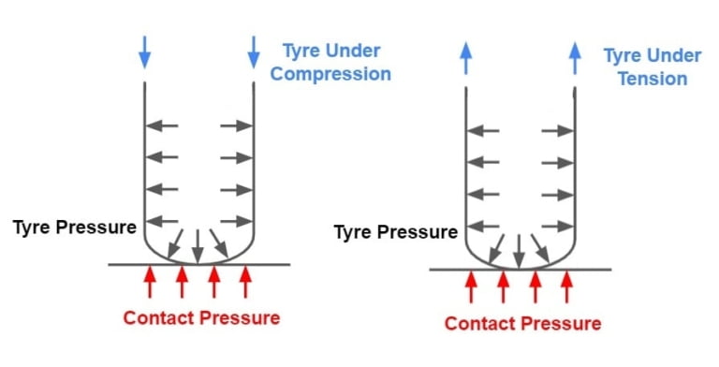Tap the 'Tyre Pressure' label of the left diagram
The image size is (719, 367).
pos(75,228)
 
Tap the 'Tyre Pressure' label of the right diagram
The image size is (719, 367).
pos(396,231)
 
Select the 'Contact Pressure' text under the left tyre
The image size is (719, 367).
pos(201,317)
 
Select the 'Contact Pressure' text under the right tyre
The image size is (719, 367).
pos(522,324)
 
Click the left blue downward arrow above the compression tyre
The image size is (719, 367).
pos(143,52)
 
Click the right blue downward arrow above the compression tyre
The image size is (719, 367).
pos(254,52)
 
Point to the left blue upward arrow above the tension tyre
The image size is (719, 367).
pos(465,57)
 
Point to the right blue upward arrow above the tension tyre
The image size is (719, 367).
pos(575,57)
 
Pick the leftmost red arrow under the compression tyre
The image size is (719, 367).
pos(150,281)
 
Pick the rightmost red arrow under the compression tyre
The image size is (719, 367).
pos(245,281)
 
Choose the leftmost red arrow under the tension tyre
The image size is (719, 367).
pos(471,286)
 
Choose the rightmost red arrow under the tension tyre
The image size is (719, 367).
pos(566,286)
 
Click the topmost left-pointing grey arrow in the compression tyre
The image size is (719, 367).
pos(164,125)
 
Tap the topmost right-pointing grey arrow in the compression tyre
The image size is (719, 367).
pos(237,125)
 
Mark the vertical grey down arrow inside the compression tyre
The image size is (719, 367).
pos(198,244)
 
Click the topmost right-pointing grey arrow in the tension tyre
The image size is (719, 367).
pos(558,131)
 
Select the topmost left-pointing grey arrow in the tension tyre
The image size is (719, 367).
pos(485,131)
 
